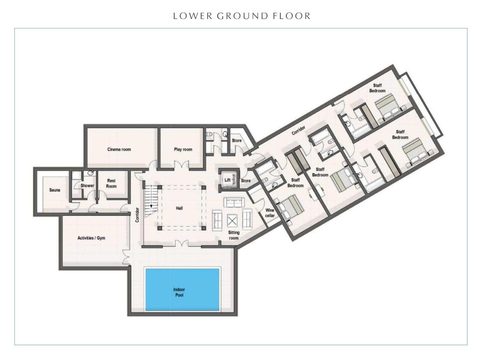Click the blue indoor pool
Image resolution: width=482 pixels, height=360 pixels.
[x=182, y=289]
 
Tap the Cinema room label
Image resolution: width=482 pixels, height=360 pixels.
[x=119, y=149]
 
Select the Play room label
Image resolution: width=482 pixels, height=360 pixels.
[x=183, y=149]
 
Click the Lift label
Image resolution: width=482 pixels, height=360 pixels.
[x=227, y=180]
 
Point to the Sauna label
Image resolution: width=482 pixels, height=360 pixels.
[x=55, y=190]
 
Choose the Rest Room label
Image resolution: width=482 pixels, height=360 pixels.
[x=111, y=183]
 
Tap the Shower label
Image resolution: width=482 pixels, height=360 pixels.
[x=87, y=186]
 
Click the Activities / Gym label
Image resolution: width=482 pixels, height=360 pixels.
[x=91, y=238]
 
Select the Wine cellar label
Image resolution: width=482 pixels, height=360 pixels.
[x=270, y=213]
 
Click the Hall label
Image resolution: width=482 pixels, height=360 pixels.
[x=179, y=208]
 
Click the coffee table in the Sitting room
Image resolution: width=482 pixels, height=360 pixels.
[x=232, y=220]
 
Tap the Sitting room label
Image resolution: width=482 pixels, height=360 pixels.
[x=234, y=235]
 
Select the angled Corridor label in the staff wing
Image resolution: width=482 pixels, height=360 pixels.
[x=298, y=130]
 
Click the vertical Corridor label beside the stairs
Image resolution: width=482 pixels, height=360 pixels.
[x=137, y=215]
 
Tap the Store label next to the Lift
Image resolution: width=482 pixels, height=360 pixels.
[x=246, y=181]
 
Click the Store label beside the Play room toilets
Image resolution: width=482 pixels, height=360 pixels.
[x=236, y=140]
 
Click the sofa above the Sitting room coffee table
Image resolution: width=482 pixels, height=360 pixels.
[x=234, y=202]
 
